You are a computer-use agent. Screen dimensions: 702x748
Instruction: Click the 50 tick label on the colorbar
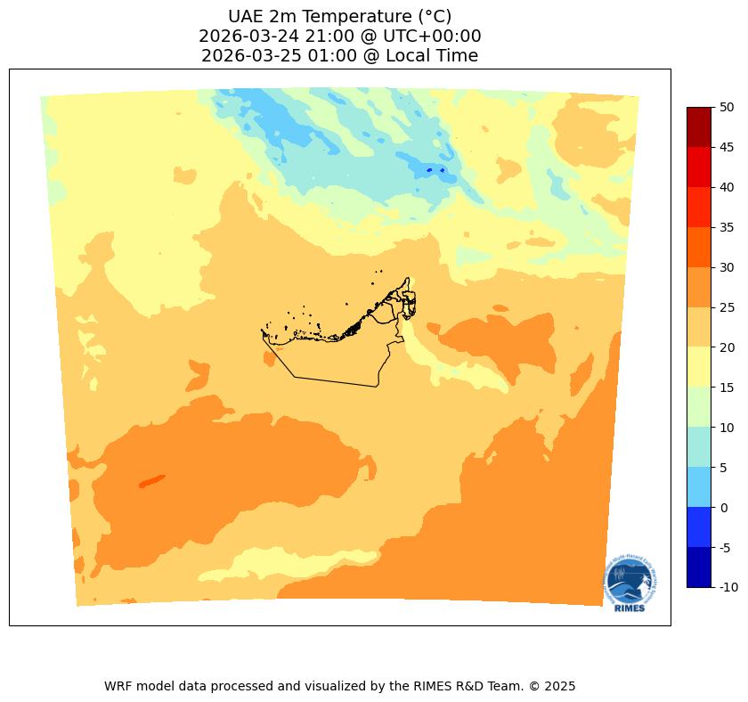727,107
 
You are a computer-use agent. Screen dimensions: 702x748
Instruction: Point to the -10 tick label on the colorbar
729,588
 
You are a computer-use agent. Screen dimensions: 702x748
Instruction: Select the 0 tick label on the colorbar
724,508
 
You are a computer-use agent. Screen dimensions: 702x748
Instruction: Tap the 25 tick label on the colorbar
727,307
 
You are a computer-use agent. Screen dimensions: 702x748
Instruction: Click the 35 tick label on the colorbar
727,227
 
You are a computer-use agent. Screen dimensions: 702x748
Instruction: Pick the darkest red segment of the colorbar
699,127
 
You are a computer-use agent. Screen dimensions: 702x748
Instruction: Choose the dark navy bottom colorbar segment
699,567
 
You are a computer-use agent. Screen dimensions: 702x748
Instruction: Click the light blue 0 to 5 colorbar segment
699,487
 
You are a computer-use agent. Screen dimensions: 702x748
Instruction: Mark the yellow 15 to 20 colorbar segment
699,367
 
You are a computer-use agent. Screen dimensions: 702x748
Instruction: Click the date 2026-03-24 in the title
248,37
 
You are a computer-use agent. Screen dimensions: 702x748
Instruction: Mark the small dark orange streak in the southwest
151,481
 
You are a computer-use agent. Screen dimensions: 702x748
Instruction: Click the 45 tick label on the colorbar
727,147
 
